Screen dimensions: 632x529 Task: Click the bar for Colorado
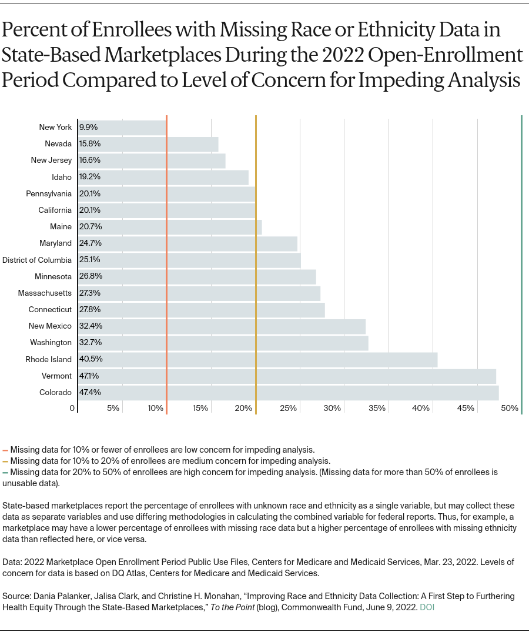coord(288,393)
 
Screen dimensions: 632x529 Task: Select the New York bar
coord(122,128)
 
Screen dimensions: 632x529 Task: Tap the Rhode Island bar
coord(257,360)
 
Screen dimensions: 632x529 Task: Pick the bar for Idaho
coord(163,177)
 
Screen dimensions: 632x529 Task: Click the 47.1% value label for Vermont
coord(88,376)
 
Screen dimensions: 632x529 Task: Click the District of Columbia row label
coord(37,260)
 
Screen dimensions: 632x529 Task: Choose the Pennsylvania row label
coord(49,193)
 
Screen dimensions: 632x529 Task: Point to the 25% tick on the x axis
coord(288,409)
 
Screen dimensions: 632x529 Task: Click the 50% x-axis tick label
coord(510,409)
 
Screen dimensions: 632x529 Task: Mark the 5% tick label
coord(113,409)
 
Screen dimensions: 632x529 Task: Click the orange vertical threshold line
coord(167,265)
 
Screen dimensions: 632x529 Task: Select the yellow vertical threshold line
coord(256,265)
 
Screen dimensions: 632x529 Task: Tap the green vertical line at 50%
coord(521,265)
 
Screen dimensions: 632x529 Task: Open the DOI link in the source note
coord(427,607)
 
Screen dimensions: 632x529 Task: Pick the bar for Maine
coord(170,227)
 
